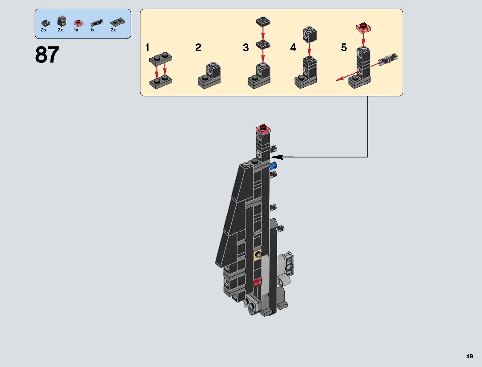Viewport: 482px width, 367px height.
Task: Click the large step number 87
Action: (47, 55)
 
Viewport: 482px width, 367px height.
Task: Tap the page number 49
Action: (469, 356)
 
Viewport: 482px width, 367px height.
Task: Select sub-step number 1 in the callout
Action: (148, 47)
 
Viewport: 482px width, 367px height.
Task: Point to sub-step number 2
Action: (198, 47)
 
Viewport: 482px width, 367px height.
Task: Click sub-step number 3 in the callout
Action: (245, 47)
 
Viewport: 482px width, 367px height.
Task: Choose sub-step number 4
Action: (293, 47)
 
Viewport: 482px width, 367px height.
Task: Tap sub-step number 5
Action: (344, 47)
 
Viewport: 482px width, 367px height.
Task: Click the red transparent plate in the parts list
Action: (79, 23)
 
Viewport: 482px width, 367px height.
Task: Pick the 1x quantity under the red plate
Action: (76, 30)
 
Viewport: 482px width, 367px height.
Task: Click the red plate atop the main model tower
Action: (263, 129)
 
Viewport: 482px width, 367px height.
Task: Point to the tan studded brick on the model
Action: (258, 255)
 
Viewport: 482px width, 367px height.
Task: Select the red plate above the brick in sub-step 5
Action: (363, 27)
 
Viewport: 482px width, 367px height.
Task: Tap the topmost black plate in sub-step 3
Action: (263, 21)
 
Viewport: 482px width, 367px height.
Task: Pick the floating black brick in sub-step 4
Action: (310, 34)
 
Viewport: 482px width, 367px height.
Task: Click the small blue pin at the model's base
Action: (250, 312)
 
